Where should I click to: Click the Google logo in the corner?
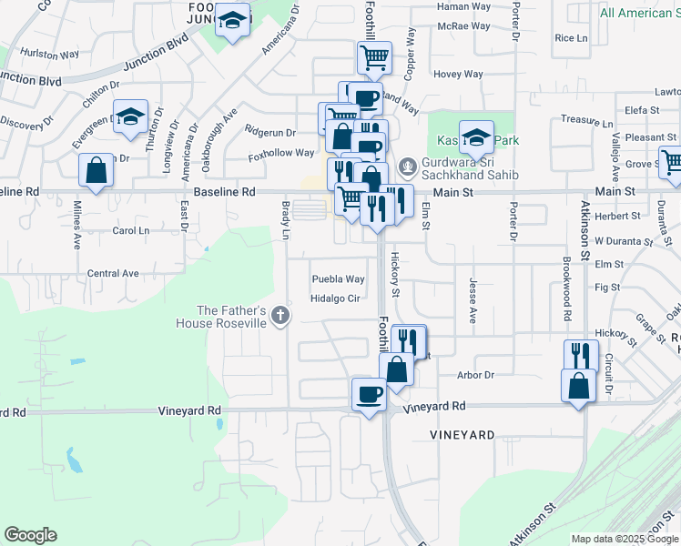click(30, 535)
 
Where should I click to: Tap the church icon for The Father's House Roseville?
click(281, 316)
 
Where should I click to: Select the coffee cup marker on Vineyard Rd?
click(369, 395)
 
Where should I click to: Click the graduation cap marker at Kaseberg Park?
click(475, 137)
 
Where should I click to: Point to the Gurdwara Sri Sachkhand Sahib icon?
click(408, 167)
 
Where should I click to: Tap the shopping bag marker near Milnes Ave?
click(96, 170)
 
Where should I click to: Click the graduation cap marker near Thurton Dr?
click(131, 116)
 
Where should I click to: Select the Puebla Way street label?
click(338, 279)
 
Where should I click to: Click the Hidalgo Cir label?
click(337, 298)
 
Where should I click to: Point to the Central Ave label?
click(113, 273)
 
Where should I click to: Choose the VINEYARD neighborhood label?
click(462, 436)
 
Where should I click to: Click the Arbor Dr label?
click(475, 375)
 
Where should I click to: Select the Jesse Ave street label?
click(473, 301)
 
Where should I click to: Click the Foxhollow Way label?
click(282, 154)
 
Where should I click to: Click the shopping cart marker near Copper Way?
click(374, 58)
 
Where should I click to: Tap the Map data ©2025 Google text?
click(624, 539)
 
